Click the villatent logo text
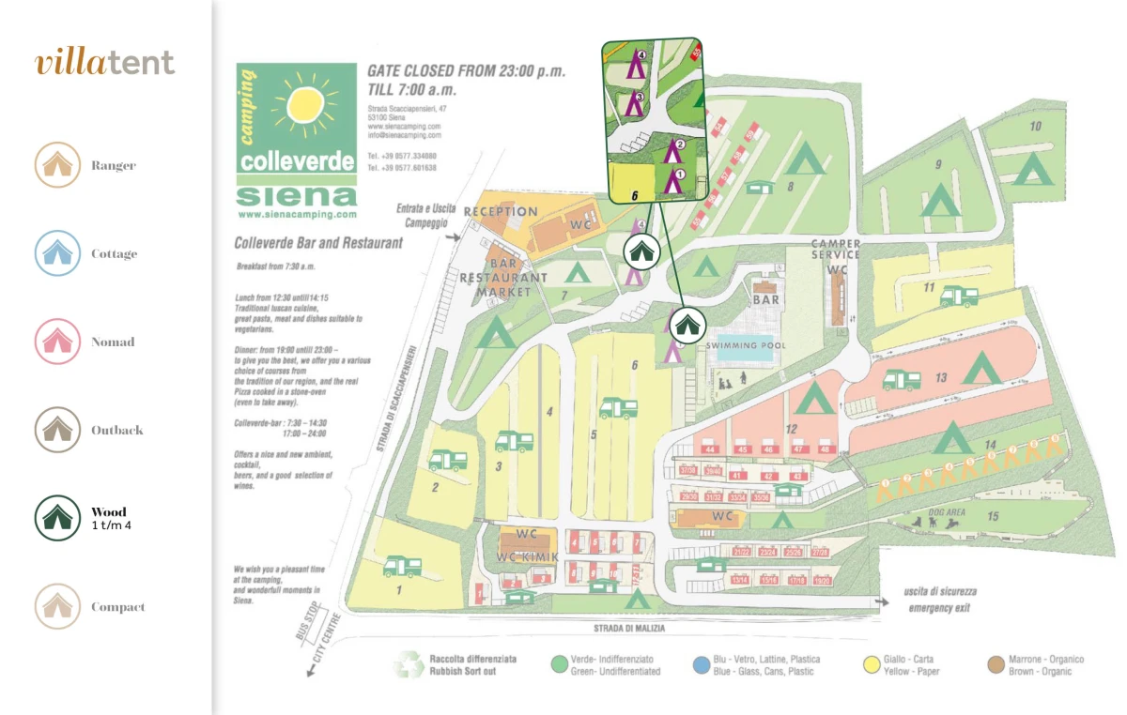point(104,63)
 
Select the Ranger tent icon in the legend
point(57,165)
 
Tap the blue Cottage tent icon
point(57,253)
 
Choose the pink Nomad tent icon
point(57,342)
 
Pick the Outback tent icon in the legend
point(57,430)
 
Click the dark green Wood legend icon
point(57,518)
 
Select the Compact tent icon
point(57,606)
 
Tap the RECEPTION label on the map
point(501,212)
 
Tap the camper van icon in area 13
point(902,380)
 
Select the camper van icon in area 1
point(402,566)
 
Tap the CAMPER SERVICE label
point(835,250)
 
